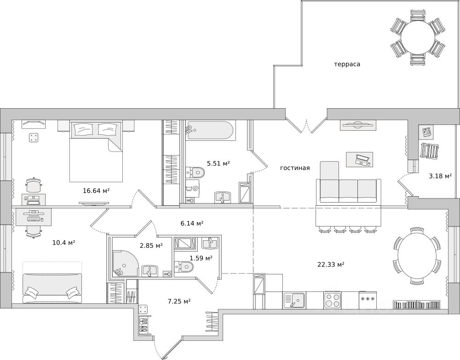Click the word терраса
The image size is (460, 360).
347,64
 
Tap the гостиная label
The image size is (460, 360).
295,168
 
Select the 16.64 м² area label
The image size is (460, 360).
96,191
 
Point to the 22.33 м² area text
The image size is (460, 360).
331,265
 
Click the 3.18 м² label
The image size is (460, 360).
440,176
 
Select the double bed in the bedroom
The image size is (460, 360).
96,151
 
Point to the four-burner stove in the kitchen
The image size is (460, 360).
333,300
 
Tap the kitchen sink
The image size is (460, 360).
294,300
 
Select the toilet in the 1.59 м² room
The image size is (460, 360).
184,267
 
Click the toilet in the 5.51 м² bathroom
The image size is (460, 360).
195,172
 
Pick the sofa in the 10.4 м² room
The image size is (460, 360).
52,288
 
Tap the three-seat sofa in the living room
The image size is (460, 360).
348,191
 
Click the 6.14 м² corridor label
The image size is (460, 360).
192,223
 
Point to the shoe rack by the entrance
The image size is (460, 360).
144,325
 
